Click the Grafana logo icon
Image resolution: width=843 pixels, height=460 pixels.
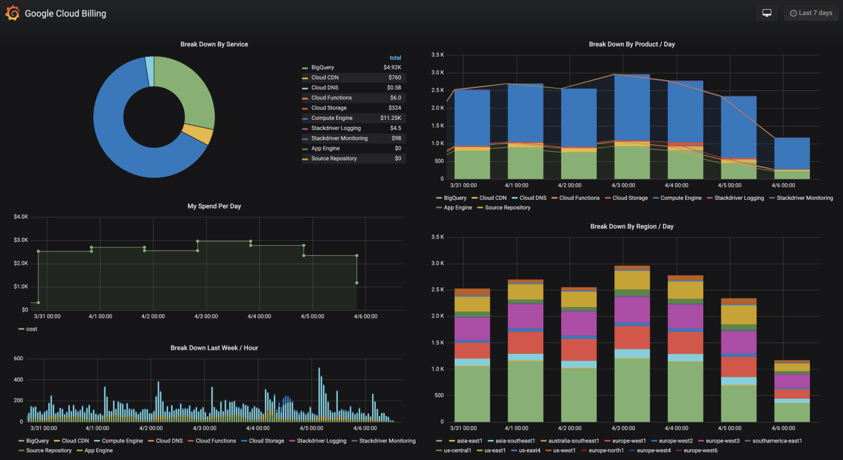point(13,13)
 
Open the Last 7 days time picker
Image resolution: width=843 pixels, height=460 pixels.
point(810,13)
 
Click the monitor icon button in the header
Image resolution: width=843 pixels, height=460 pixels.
point(767,13)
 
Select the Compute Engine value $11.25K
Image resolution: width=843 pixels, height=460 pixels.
point(391,118)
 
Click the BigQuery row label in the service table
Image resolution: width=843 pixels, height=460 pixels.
point(322,67)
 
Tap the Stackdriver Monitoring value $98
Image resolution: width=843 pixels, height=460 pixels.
point(396,138)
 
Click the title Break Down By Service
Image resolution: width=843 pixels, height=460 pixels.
point(214,45)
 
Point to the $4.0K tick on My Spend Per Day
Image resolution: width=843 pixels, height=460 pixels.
point(21,217)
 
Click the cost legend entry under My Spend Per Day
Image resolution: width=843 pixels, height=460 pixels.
point(31,329)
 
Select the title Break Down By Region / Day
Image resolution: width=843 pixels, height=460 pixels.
point(631,227)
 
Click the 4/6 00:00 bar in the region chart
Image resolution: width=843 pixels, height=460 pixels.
point(792,391)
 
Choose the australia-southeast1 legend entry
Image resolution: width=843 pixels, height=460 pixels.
point(573,441)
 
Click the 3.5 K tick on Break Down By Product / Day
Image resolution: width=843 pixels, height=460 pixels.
point(437,55)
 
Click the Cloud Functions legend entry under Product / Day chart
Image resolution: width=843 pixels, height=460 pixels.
point(579,198)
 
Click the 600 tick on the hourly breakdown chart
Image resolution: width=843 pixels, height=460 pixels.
point(18,359)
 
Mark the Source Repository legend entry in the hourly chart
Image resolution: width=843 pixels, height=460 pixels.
point(49,450)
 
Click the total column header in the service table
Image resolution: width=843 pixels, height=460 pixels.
point(395,58)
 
